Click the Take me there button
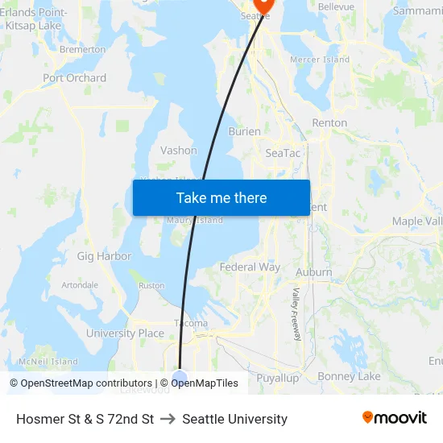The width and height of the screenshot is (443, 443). coord(221,198)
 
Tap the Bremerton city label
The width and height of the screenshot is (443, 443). coord(82,49)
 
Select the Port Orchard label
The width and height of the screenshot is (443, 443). coord(74,78)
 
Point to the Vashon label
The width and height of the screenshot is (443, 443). coord(178,151)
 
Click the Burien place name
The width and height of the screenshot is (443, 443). coord(244,131)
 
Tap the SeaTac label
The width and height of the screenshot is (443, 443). coord(283,152)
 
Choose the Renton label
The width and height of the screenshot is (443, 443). coord(329,123)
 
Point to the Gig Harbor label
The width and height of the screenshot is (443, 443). coord(104,256)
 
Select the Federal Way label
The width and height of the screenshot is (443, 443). coord(250,267)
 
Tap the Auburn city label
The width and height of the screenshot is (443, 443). coord(313,272)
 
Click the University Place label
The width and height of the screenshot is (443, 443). coord(125,333)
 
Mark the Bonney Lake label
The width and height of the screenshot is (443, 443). coord(349,376)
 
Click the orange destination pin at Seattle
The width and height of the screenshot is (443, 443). coord(263,5)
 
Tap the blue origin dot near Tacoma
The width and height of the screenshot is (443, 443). coord(180,377)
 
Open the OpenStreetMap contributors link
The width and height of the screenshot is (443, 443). coord(81,383)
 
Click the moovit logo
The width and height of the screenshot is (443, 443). coord(394,418)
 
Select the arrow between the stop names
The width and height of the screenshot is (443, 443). coord(168,419)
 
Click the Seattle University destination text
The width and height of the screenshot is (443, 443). coord(234,419)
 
